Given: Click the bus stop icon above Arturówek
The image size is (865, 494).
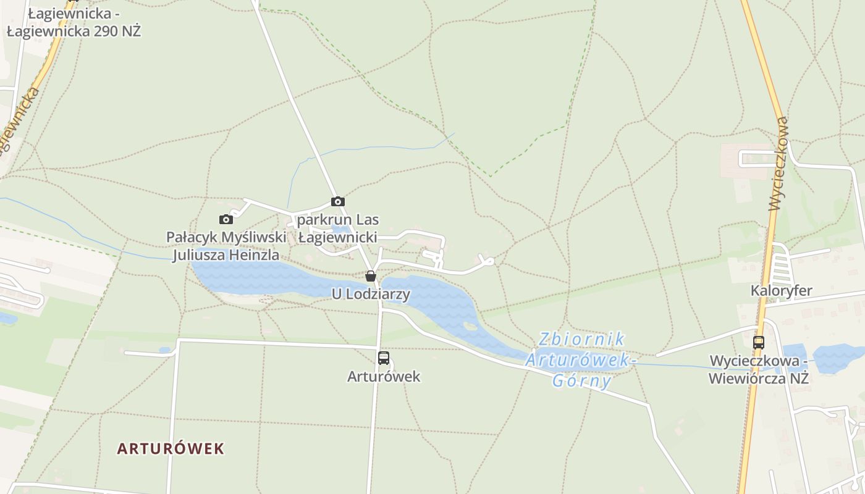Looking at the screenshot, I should coord(384,358).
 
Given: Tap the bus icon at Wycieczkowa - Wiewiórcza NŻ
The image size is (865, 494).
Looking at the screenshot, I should coord(759,342).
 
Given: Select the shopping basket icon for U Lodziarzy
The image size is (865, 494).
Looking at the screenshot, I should coord(371,276).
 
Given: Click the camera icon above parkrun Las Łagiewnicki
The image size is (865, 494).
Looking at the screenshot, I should coord(337,201).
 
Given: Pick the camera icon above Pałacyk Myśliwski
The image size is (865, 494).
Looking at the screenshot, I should coord(226,219).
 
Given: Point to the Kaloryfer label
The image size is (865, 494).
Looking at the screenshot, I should coord(781,290).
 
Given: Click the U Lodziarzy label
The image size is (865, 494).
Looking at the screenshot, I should coord(371,294).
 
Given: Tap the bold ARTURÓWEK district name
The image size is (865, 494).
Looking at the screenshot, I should coord(171,448).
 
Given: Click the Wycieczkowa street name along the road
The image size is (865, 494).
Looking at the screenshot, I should coord(778,164).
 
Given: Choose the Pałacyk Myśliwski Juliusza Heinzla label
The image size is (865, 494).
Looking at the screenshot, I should coord(226,246).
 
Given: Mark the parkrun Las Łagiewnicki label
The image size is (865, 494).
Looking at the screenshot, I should coord(338,228).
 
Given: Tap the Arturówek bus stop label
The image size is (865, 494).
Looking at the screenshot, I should coord(384,376).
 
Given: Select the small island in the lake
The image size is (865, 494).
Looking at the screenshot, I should coord(471,326).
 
